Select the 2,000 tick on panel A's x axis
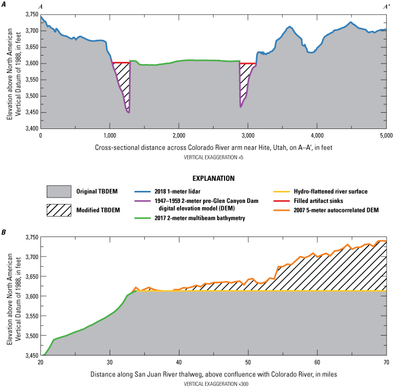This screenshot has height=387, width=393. coord(178,135)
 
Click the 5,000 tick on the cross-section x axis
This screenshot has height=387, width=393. coord(386,135)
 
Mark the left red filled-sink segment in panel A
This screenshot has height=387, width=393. coord(121,63)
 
